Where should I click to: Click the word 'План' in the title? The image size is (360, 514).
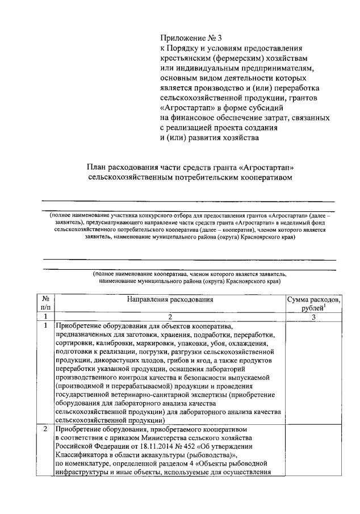click(97, 168)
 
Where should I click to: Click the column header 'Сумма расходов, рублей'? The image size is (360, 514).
click(313, 303)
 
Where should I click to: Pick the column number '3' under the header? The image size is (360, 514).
click(313, 317)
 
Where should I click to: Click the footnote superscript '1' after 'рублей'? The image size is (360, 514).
click(325, 306)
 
